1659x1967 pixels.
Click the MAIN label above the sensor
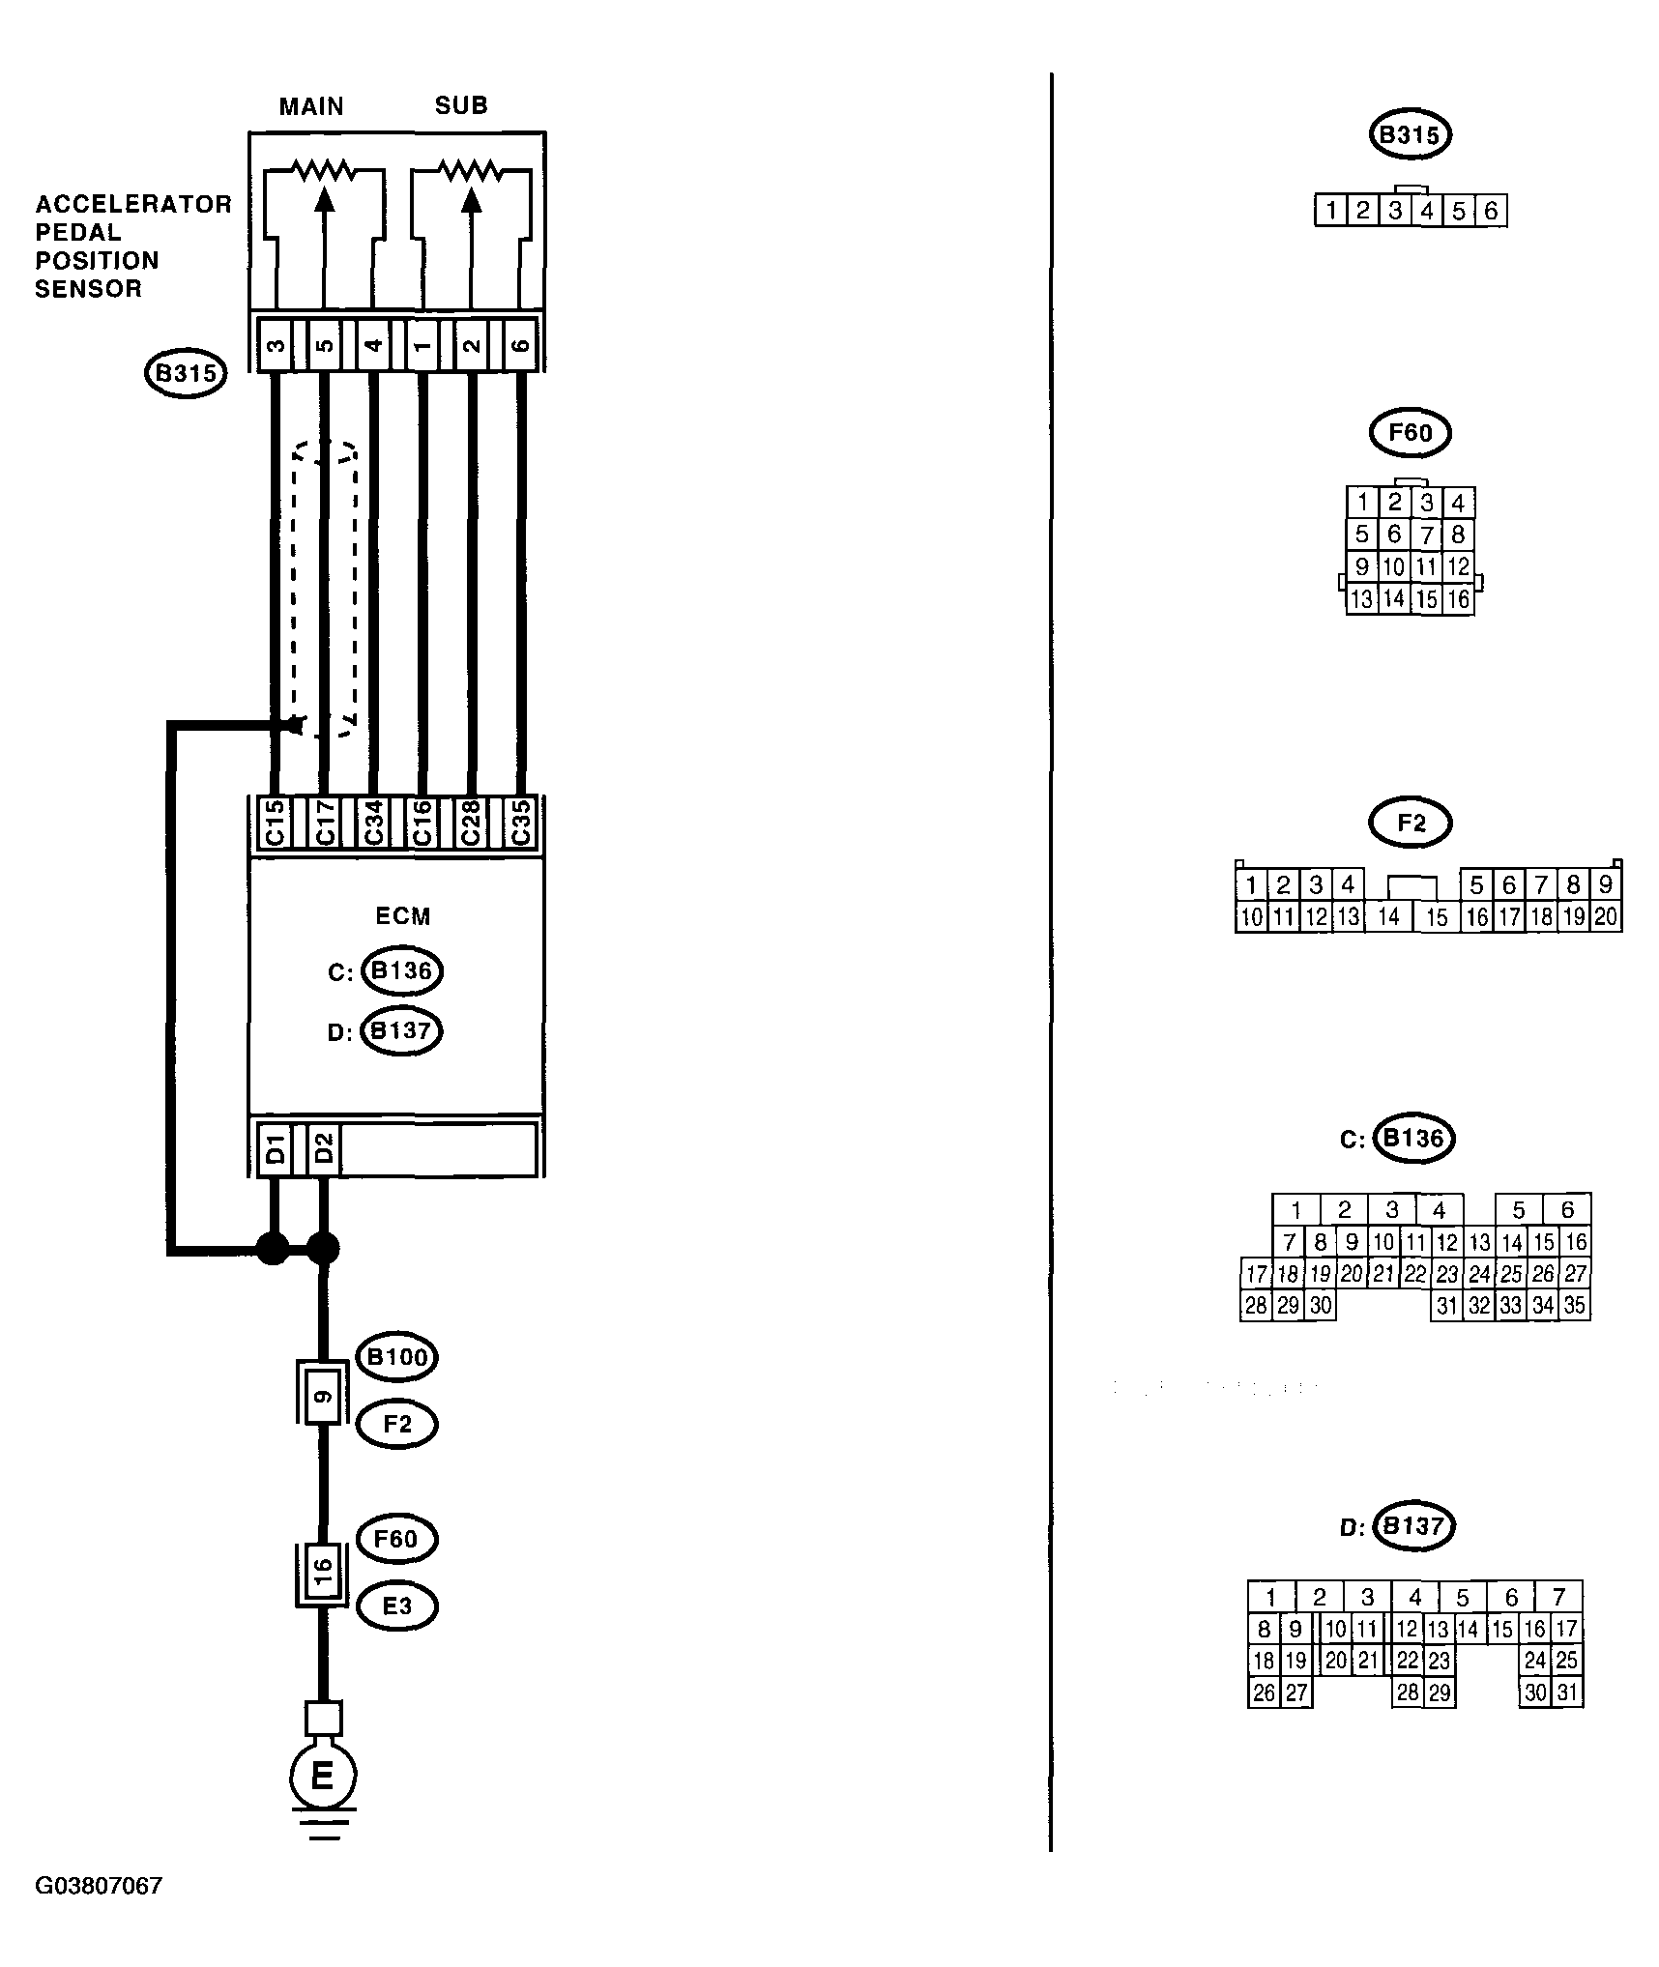pos(311,106)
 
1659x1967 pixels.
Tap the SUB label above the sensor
pos(461,105)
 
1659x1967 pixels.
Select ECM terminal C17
pos(325,823)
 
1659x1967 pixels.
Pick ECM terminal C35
pos(520,823)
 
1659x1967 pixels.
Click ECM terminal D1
pos(276,1148)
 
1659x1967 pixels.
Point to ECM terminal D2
pos(325,1148)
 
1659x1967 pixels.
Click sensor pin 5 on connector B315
pos(325,343)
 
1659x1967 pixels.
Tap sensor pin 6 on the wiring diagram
pos(520,343)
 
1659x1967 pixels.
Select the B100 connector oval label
pos(397,1357)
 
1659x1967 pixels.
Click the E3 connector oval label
pos(397,1606)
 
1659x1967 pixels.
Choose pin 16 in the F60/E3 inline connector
pos(324,1576)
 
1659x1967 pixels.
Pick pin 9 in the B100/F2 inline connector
pos(324,1395)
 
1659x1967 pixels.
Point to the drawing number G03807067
pos(99,1912)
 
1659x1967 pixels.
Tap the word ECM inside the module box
pos(402,915)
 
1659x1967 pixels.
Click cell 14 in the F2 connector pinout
pos(1388,916)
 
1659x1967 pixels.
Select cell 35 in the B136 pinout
pos(1574,1306)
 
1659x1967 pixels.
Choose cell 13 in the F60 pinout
pos(1361,599)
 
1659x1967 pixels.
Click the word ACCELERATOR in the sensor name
pos(133,205)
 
